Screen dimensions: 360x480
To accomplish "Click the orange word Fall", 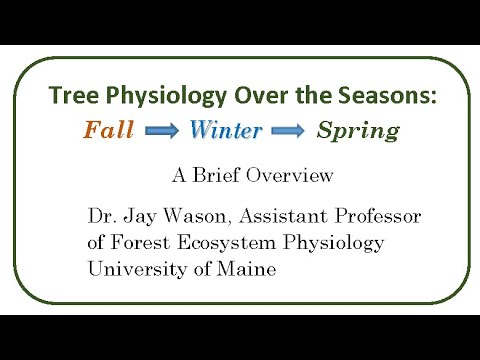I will point(109,130).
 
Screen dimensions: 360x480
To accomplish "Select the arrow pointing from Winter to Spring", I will point(288,130).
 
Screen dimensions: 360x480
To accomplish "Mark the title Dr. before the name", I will point(103,216).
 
